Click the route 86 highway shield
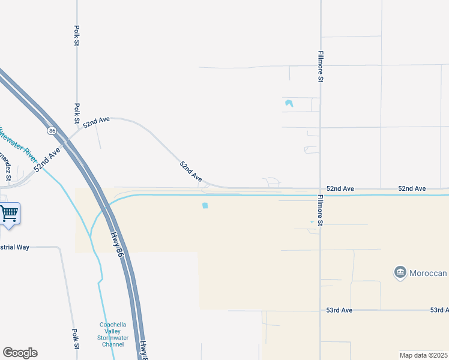tap(52, 130)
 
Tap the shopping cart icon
tap(9, 213)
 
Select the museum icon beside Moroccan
tap(400, 273)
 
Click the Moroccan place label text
tap(429, 274)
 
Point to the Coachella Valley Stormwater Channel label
tap(112, 335)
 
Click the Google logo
tap(20, 353)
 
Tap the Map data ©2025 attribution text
tap(424, 355)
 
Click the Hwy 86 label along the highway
tap(119, 247)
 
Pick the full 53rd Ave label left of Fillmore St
tap(339, 310)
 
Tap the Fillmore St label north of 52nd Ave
tap(321, 66)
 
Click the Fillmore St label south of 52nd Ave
tap(321, 211)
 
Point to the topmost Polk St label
tap(77, 35)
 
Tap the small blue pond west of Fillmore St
tap(289, 103)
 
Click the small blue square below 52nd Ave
tap(205, 206)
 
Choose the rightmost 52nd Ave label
tap(412, 188)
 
